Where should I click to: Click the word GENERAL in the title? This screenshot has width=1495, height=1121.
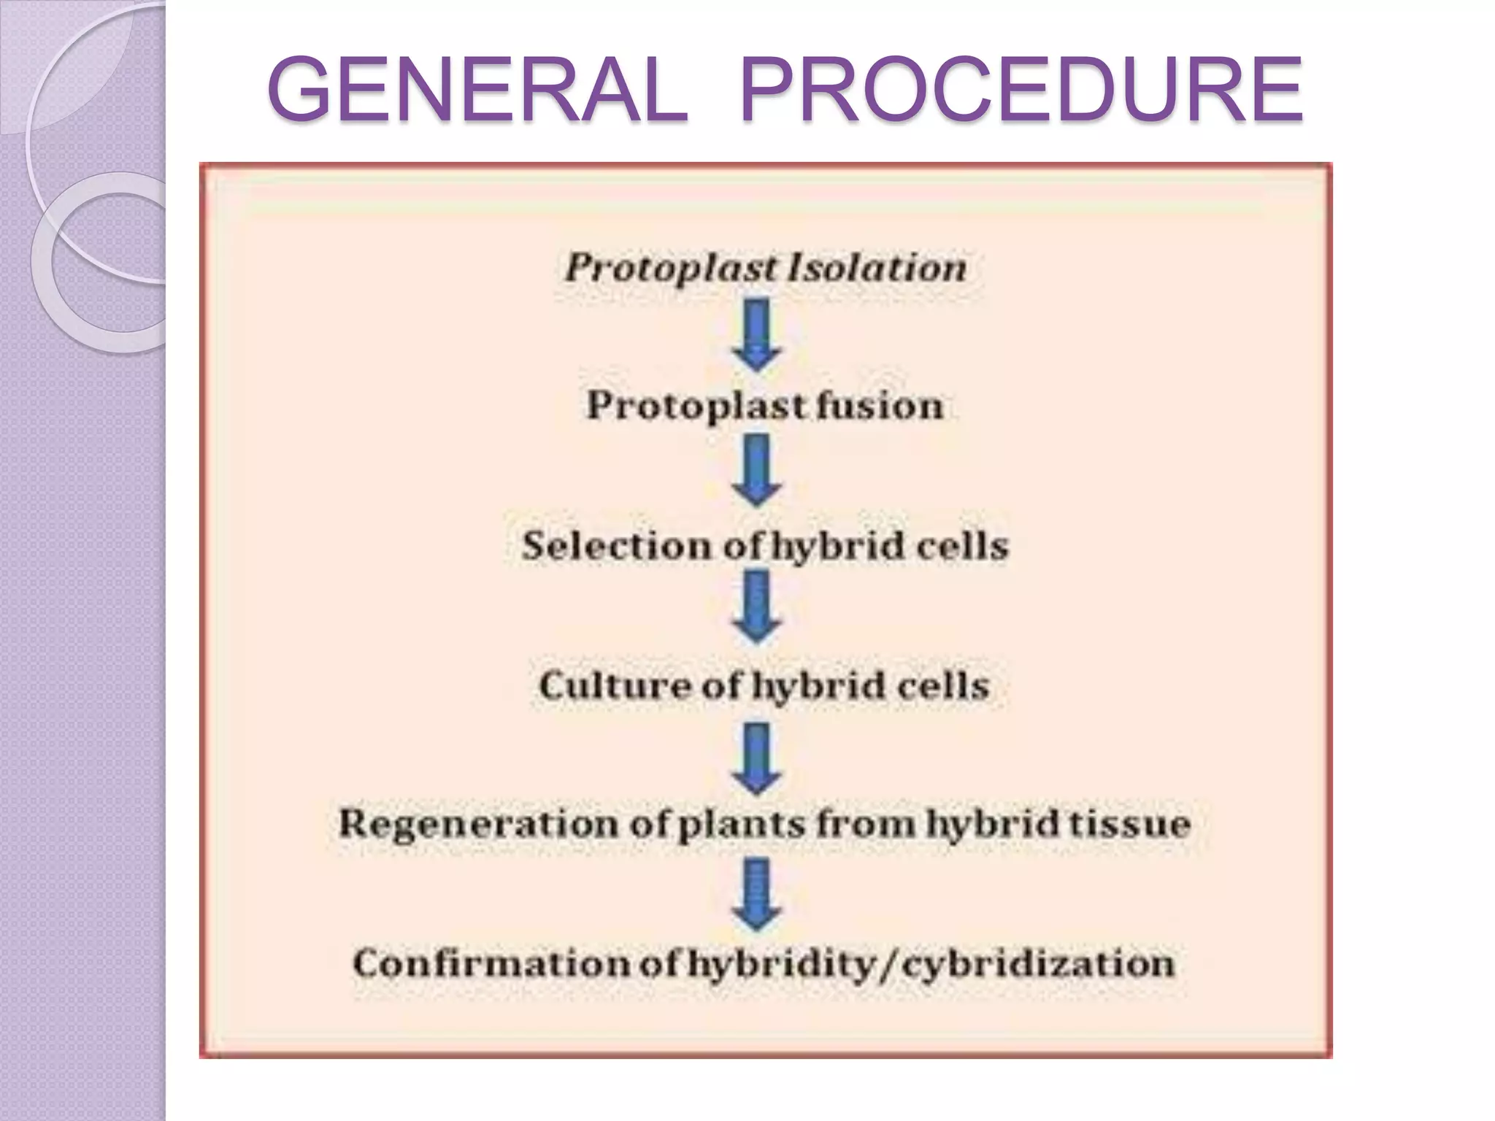point(478,90)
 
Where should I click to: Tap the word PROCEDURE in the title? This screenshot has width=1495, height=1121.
point(1021,90)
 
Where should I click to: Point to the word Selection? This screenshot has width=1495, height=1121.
point(617,545)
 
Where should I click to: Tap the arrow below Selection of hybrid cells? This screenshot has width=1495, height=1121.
point(757,608)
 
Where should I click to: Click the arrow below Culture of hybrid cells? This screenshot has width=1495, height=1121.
point(757,758)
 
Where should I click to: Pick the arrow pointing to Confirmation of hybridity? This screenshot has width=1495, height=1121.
point(757,895)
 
